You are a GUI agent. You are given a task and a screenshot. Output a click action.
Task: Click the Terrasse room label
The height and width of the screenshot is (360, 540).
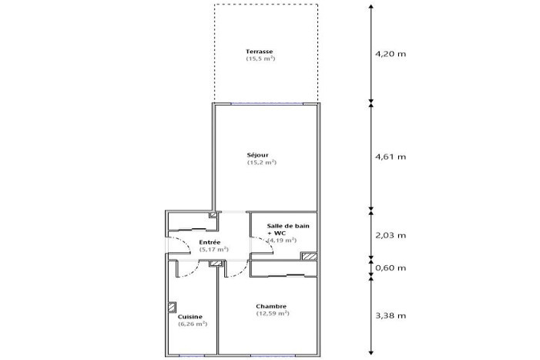click(260, 52)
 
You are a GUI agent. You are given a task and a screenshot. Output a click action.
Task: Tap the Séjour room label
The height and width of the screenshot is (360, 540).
click(257, 155)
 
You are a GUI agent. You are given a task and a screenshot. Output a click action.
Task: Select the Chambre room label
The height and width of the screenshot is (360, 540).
click(271, 306)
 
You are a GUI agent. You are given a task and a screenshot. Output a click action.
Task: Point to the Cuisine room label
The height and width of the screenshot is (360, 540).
click(190, 317)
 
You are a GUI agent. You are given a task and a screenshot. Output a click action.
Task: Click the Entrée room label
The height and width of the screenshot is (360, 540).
click(210, 243)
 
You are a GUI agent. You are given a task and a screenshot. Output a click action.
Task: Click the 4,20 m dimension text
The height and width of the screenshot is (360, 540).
click(391, 54)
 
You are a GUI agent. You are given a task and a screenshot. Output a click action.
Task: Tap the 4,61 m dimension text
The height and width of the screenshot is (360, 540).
click(391, 156)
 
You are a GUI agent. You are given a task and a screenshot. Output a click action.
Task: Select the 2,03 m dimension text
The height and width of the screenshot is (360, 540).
click(391, 235)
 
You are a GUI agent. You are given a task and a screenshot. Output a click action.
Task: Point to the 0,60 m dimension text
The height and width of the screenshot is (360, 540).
click(391, 267)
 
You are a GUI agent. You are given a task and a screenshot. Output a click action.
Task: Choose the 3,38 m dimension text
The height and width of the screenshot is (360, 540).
click(391, 315)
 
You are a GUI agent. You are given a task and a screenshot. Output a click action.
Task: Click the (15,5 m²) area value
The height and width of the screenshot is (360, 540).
click(260, 59)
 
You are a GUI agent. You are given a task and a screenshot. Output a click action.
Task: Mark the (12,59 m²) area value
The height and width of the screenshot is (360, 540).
click(273, 314)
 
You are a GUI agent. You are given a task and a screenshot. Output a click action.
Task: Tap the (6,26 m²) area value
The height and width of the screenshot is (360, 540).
click(193, 324)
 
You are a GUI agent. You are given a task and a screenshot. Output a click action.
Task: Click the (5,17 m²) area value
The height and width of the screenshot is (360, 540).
click(214, 250)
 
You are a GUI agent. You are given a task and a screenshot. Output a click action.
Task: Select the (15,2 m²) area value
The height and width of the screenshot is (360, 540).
click(262, 162)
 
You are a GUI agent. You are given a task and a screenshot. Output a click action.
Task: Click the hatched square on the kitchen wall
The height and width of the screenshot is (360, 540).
click(172, 308)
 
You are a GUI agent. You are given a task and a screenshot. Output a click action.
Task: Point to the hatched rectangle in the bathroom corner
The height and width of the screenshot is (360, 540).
click(309, 256)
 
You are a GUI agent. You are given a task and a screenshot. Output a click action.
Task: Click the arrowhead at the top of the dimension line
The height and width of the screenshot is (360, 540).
click(371, 6)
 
